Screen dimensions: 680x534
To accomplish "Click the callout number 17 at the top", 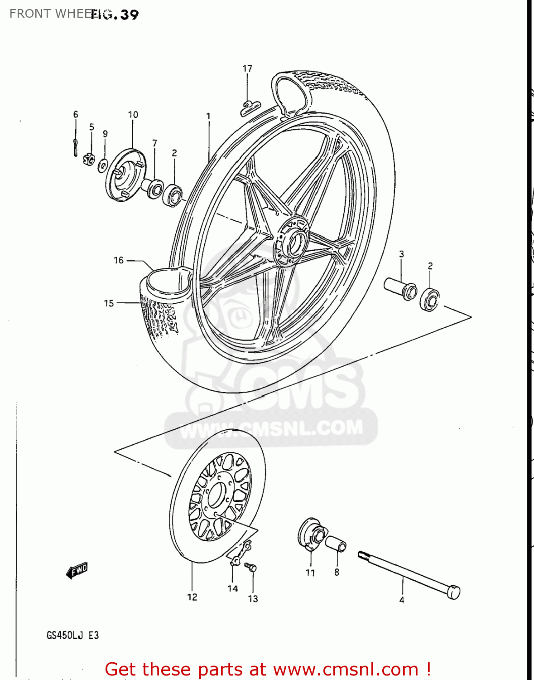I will click(247, 68).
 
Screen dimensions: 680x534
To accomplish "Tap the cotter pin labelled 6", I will click(75, 147).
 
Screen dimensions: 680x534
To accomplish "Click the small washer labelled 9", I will click(103, 165).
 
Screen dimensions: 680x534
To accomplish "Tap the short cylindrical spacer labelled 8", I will click(336, 543).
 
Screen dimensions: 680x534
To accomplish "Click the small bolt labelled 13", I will click(250, 567).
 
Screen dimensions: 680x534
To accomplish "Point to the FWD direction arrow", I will click(77, 570).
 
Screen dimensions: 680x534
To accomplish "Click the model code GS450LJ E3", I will click(72, 635).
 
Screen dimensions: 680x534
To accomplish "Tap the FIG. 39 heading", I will click(115, 15).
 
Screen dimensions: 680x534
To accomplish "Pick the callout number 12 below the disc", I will click(192, 597).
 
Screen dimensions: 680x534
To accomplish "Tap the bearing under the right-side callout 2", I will click(429, 299).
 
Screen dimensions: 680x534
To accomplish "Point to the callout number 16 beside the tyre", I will click(118, 260).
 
